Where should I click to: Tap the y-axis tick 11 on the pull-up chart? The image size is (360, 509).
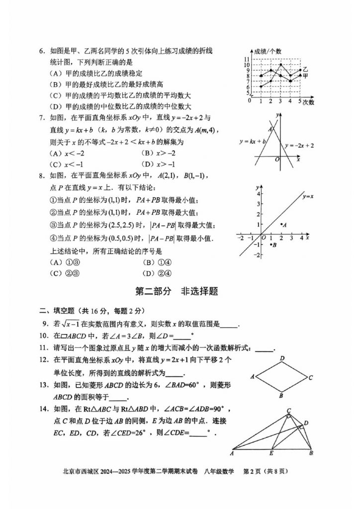click(x=247, y=60)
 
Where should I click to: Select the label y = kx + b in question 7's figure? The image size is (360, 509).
click(x=253, y=141)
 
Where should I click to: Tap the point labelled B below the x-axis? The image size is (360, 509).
click(x=273, y=245)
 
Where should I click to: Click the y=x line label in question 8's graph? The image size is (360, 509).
click(x=309, y=197)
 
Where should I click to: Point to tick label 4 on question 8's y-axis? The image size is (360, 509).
click(x=259, y=193)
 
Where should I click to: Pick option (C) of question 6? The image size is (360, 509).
click(x=122, y=95)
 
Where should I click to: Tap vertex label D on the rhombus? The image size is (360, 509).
click(x=281, y=358)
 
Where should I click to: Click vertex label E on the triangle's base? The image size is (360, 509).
click(x=270, y=453)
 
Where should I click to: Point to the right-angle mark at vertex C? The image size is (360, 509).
click(x=288, y=416)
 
